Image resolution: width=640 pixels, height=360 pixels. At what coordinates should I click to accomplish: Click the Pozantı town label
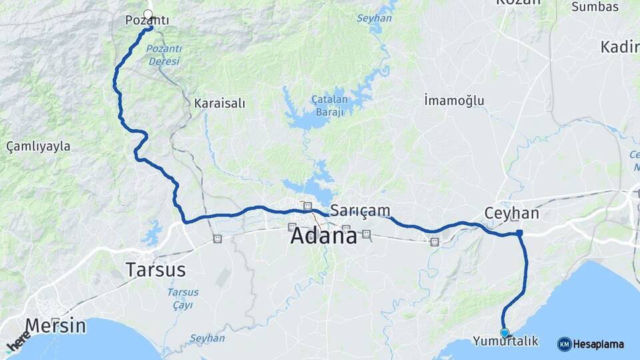pos(147,21)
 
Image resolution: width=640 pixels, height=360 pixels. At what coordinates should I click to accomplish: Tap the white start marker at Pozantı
pos(148,13)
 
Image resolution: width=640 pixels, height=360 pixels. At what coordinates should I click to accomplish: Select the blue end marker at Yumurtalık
pos(505,332)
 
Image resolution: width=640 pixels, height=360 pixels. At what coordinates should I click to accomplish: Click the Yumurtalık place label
pos(505,341)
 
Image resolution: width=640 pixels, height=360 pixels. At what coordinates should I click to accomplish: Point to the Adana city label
pos(323,235)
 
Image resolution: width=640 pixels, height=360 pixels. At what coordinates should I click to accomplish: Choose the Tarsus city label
pos(155,270)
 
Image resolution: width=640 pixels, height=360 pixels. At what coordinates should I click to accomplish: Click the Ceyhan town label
pos(511,213)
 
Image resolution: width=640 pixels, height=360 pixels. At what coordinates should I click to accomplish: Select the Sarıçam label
pos(360,211)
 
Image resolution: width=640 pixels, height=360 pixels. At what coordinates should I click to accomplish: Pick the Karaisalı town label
pos(219,103)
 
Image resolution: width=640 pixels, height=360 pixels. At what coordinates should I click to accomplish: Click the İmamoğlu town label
pos(454,101)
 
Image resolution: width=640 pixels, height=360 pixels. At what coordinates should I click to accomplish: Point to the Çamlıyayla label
pos(38,146)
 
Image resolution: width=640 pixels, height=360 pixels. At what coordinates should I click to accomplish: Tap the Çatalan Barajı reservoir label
pos(328,105)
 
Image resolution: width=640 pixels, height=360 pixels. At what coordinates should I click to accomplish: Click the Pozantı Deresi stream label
pos(163,55)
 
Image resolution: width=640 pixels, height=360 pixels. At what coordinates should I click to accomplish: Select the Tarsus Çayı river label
pos(179,299)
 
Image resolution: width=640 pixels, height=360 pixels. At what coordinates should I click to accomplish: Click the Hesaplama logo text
pos(599,344)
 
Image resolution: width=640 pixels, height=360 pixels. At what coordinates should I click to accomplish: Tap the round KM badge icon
pos(564,344)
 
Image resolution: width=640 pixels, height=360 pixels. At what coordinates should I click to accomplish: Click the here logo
pos(18,341)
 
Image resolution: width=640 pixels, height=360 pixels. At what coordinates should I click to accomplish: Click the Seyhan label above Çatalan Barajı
pos(374,18)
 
